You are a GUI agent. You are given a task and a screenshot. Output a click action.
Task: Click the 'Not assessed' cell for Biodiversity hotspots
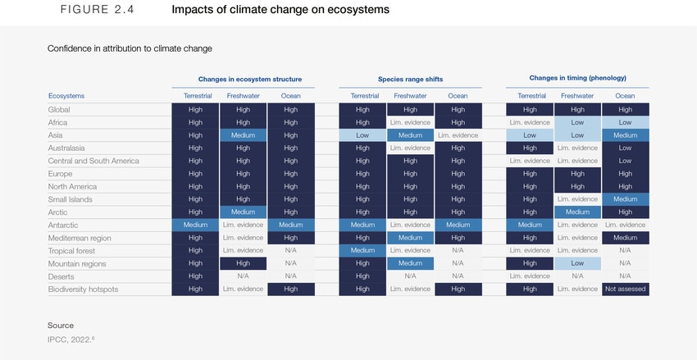[x=625, y=289]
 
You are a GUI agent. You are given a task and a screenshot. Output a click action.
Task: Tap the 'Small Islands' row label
[x=70, y=199]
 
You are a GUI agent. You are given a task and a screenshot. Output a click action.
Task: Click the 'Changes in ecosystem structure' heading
[x=244, y=80]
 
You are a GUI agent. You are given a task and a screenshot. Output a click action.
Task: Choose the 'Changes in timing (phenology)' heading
[x=577, y=78]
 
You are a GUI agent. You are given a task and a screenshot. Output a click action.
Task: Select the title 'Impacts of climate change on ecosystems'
[x=280, y=11]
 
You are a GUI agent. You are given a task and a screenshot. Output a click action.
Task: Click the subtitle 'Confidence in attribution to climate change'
[x=130, y=48]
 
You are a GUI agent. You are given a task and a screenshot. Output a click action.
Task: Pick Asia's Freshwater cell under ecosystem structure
[x=244, y=135]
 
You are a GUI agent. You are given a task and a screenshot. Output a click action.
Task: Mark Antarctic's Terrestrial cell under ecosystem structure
[x=195, y=225]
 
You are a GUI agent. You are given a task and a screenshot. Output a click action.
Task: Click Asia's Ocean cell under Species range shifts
[x=458, y=135]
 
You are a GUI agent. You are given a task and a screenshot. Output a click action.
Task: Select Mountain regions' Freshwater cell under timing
[x=577, y=263]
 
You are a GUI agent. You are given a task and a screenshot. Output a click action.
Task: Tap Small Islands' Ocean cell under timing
[x=625, y=199]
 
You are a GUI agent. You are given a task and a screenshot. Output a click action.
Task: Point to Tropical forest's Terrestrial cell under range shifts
[x=362, y=251]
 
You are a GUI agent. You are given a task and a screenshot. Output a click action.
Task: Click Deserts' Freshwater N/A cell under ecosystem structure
[x=244, y=276]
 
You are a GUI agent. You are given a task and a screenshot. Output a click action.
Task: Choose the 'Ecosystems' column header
[x=66, y=96]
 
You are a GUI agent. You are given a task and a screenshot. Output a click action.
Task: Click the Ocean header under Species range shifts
[x=458, y=96]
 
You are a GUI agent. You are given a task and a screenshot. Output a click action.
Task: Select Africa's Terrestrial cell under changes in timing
[x=529, y=122]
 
